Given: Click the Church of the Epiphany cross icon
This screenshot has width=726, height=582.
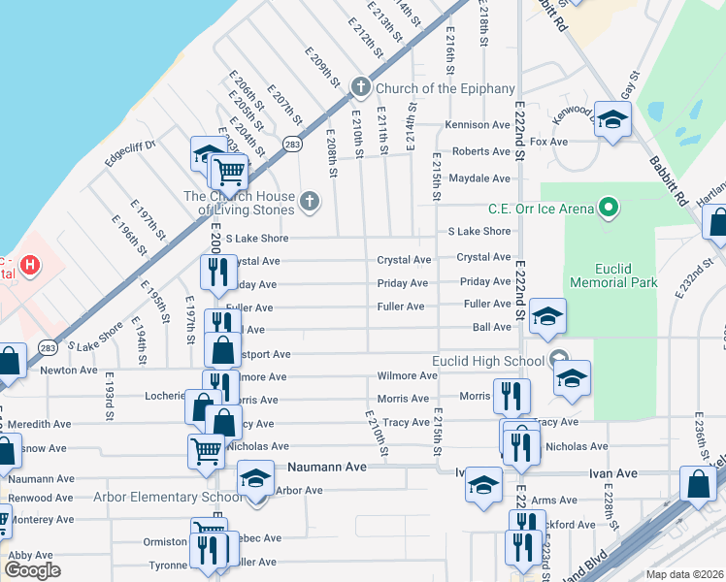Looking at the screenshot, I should tap(359, 88).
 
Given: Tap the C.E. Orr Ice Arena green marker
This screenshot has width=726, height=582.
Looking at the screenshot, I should tap(609, 207).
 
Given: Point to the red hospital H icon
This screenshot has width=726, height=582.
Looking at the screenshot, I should tap(30, 264).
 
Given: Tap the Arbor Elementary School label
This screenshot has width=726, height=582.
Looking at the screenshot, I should tap(167, 498).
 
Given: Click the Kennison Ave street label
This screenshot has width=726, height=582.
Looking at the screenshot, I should tap(478, 125).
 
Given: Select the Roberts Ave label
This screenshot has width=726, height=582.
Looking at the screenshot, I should tap(481, 152).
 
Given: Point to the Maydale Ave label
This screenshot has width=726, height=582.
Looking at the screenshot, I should tap(479, 178).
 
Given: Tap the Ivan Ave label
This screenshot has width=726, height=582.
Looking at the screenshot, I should tap(612, 473).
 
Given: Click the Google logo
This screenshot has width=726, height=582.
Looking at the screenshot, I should tap(32, 570).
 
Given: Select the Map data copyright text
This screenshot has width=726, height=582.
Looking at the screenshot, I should tap(684, 574).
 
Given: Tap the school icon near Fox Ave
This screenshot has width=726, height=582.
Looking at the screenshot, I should tap(612, 120).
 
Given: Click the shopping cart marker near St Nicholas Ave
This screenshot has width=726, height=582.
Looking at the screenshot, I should tap(206, 450).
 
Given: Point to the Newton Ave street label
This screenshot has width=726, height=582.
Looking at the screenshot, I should tap(68, 371).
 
